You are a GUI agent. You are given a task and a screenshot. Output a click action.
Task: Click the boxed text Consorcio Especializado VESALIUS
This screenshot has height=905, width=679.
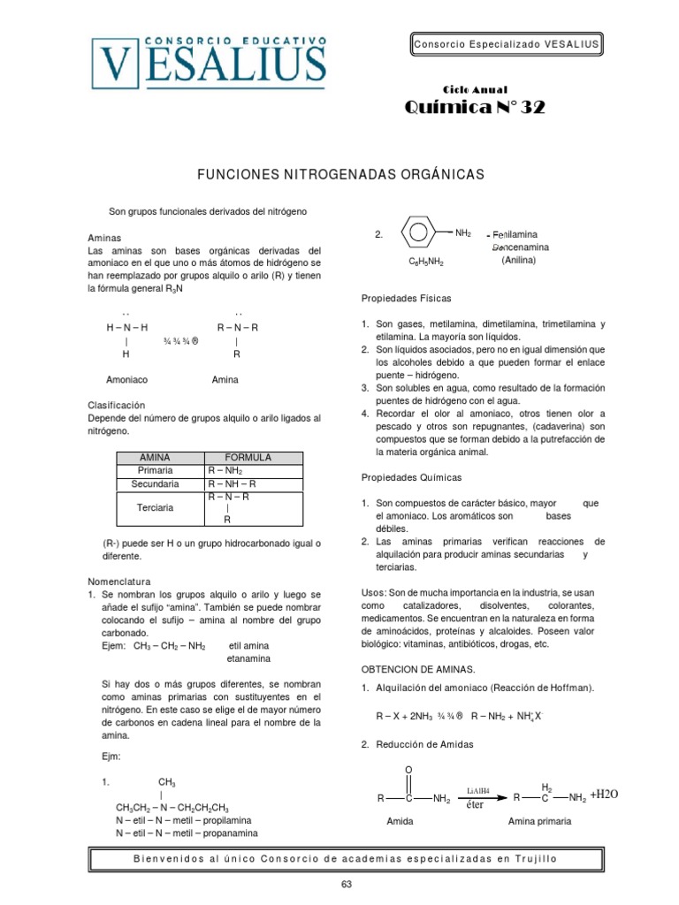click(x=506, y=44)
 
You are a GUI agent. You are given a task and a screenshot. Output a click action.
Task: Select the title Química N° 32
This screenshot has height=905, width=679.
click(x=475, y=108)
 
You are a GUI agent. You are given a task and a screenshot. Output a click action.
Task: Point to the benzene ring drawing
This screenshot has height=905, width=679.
click(x=418, y=234)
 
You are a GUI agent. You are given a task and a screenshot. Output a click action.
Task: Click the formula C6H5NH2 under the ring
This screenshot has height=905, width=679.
click(x=425, y=262)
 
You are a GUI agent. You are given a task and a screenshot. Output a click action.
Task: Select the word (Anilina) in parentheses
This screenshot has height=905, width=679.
click(x=518, y=261)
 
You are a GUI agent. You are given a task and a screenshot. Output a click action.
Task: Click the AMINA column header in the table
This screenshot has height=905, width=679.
click(x=160, y=457)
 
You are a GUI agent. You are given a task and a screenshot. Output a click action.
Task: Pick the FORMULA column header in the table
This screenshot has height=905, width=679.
click(x=248, y=457)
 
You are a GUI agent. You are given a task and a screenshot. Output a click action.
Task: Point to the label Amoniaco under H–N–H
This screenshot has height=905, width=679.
click(x=126, y=379)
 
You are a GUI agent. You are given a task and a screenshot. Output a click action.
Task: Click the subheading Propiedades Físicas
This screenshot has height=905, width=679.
click(x=406, y=300)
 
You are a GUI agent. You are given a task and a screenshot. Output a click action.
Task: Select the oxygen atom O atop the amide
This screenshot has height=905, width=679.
click(x=408, y=770)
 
